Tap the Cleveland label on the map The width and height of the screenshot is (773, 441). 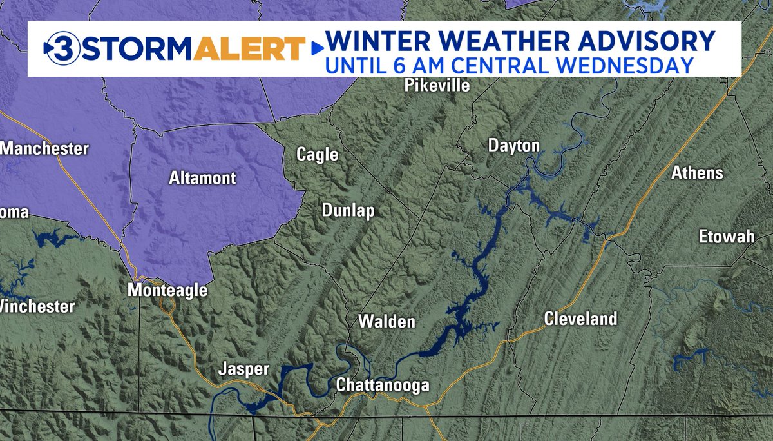pos(580,318)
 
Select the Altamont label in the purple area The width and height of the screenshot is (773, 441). pos(202,178)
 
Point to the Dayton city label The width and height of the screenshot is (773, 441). pos(513,146)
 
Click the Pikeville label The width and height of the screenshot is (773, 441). pos(437,86)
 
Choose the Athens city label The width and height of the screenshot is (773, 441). pos(697,173)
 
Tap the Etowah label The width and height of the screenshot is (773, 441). pos(727,237)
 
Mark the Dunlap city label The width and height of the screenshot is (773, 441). pos(348,211)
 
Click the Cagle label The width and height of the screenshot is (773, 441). pos(317,154)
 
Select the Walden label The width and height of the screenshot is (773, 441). pos(386,321)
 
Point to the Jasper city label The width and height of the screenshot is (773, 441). pos(243,369)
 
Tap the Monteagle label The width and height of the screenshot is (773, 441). pos(167,291)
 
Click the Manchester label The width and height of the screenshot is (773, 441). pos(44,149)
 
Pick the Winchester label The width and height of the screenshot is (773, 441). pos(37,307)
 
